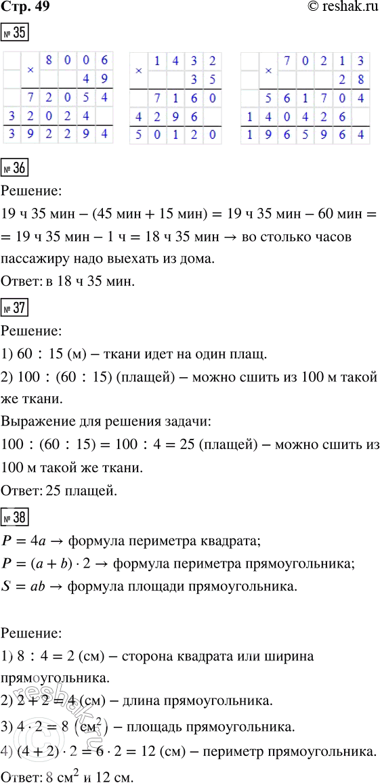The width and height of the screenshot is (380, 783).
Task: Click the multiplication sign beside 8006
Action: point(30,70)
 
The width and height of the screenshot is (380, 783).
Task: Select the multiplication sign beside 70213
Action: point(269,70)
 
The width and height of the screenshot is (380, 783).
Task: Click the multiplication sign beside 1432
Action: point(138,70)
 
